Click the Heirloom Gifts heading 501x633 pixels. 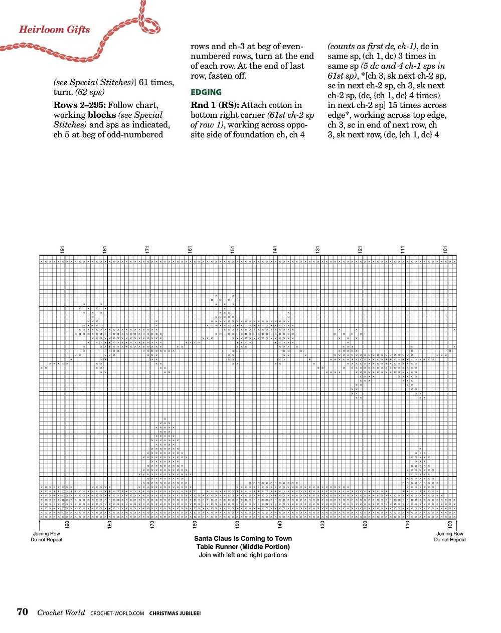[54, 29]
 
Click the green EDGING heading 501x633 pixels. [206, 92]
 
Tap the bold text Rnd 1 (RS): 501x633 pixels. [215, 105]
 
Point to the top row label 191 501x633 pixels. [62, 250]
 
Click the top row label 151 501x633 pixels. [233, 250]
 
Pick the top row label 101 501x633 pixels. [445, 250]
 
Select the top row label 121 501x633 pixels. [360, 250]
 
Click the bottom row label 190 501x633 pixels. [67, 524]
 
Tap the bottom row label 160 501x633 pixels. [195, 524]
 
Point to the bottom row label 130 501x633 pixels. [322, 524]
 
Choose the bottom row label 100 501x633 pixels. [450, 524]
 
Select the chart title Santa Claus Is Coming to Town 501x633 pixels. [243, 539]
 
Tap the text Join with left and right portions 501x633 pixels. [243, 555]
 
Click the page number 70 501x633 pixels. [23, 612]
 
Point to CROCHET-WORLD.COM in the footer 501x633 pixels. [117, 613]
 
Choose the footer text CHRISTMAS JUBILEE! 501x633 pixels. [175, 613]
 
